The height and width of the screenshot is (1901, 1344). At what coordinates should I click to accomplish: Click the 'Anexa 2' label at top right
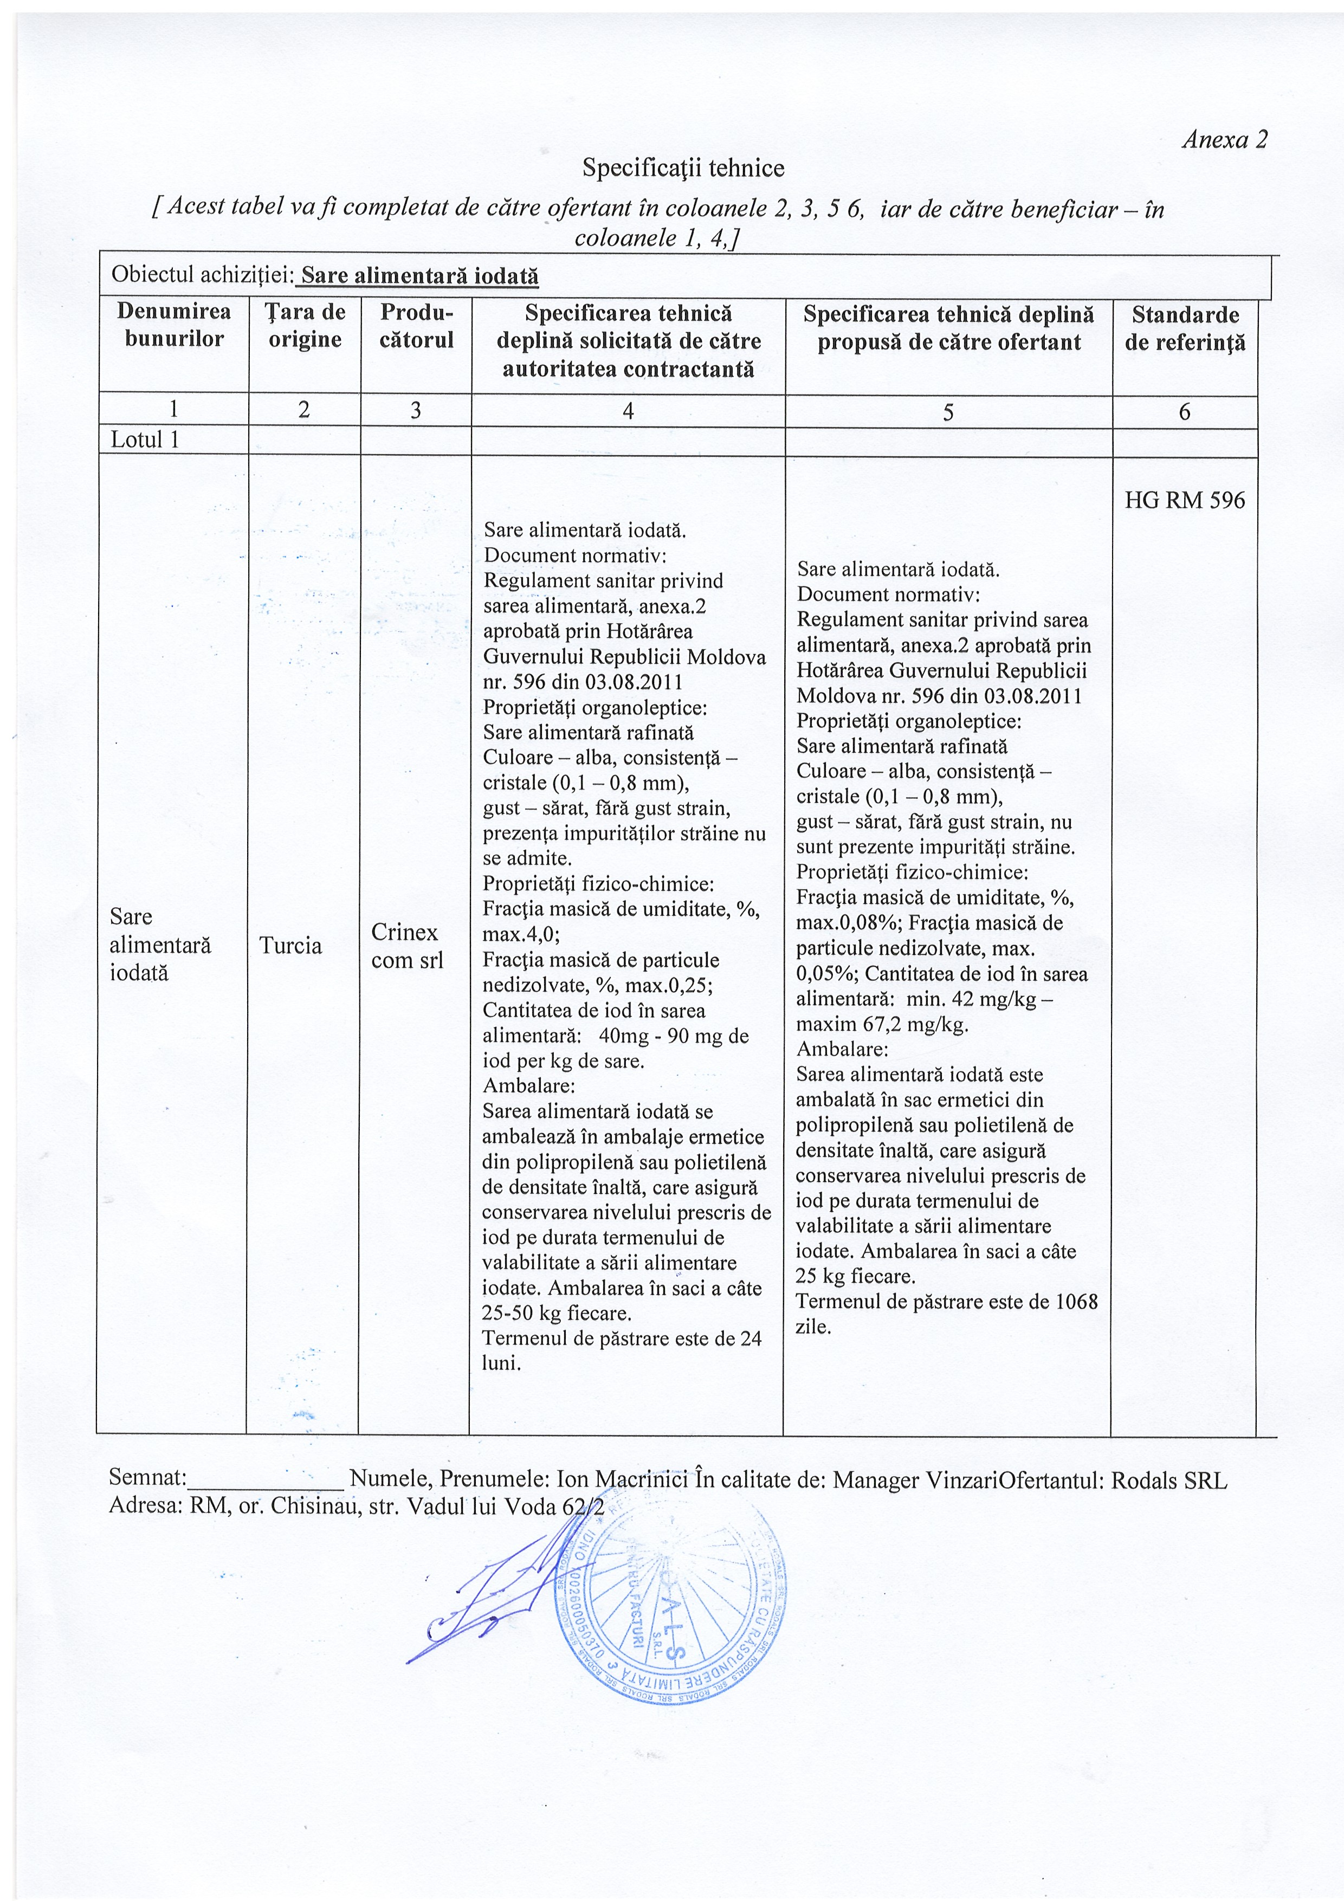pos(1225,140)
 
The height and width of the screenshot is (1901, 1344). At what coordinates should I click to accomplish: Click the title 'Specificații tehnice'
pos(683,168)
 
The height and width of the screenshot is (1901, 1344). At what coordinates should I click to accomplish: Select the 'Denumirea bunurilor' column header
pos(174,325)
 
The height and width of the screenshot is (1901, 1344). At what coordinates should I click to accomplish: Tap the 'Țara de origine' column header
pos(305,325)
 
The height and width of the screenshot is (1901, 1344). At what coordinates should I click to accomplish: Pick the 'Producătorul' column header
pos(417,325)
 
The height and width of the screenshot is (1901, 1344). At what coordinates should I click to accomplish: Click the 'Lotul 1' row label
pos(145,439)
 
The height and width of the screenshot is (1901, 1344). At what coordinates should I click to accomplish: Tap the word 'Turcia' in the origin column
pos(290,946)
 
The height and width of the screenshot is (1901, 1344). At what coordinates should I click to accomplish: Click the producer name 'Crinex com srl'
pos(406,946)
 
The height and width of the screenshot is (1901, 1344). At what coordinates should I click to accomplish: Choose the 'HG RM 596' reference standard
pos(1184,500)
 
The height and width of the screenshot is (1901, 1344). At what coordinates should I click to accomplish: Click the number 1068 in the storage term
pos(1076,1302)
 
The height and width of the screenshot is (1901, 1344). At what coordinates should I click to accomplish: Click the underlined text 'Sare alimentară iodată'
pos(419,276)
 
